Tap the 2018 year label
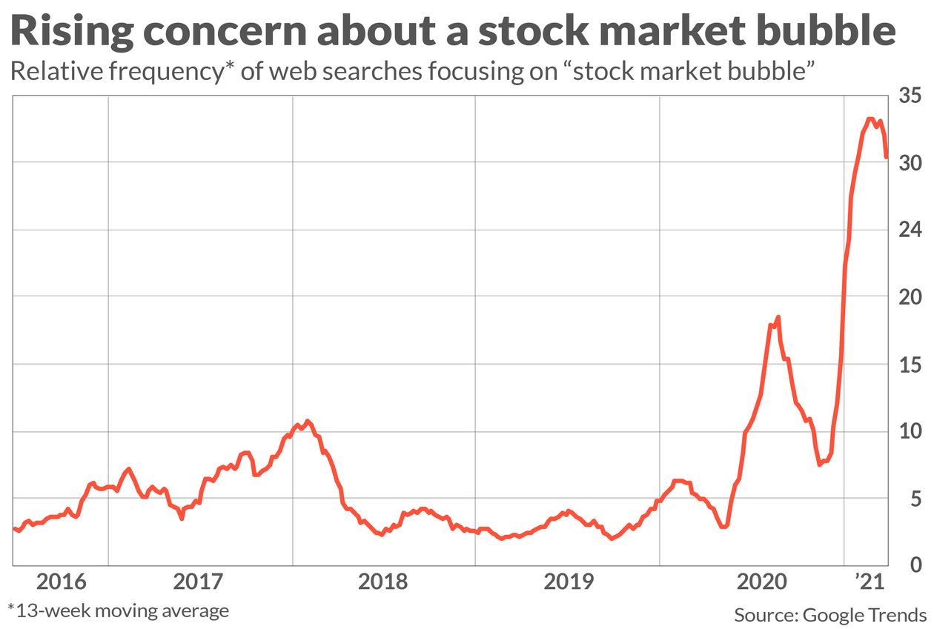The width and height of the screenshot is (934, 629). point(384,582)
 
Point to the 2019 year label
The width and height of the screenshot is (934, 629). point(568,582)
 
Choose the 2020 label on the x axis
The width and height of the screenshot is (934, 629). point(761,582)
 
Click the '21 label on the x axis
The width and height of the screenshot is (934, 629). point(867,582)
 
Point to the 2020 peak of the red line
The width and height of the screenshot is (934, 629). point(778,317)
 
